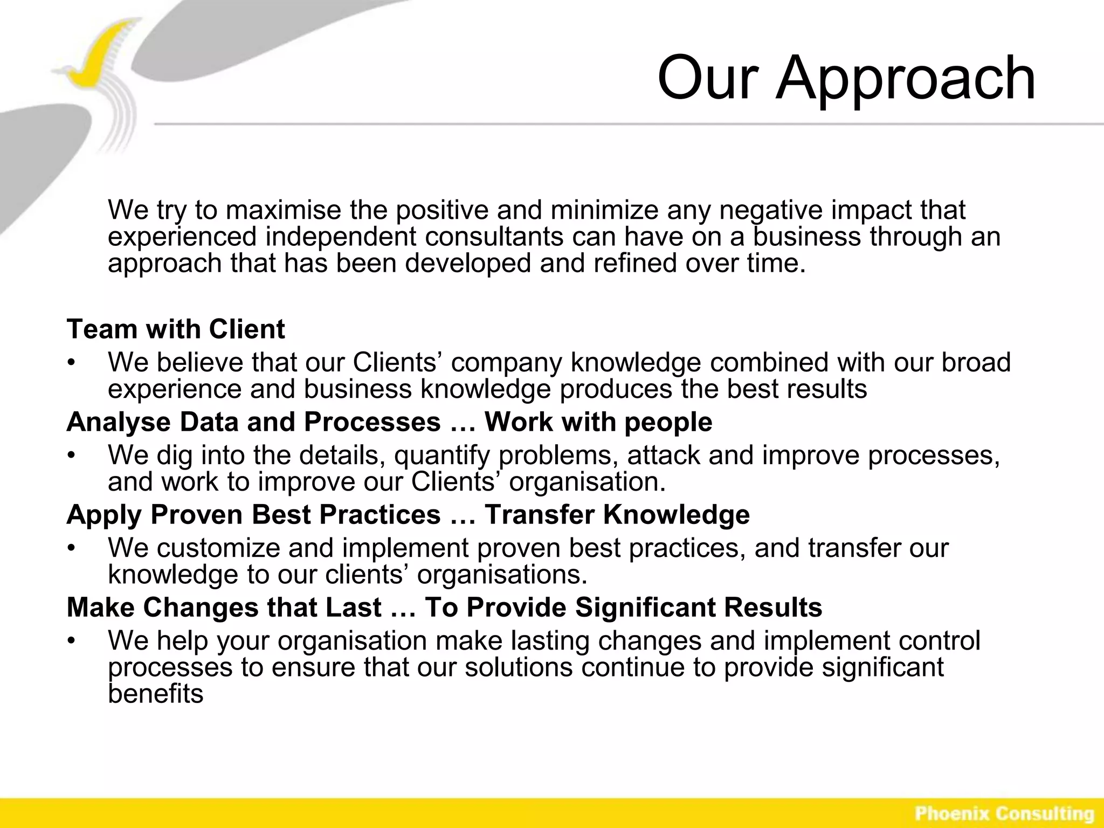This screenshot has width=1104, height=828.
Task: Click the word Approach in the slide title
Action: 906,78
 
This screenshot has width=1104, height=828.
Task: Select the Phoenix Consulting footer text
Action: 1004,813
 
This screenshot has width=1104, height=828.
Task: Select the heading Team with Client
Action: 176,329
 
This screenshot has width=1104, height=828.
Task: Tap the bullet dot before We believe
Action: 71,362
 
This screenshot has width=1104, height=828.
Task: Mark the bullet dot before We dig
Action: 71,456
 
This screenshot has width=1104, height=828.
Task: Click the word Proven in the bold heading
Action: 196,514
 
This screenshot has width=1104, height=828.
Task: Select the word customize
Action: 218,548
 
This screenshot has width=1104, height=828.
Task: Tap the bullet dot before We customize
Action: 71,548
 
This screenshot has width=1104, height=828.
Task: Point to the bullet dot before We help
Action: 71,641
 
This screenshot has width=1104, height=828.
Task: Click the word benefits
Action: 155,694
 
